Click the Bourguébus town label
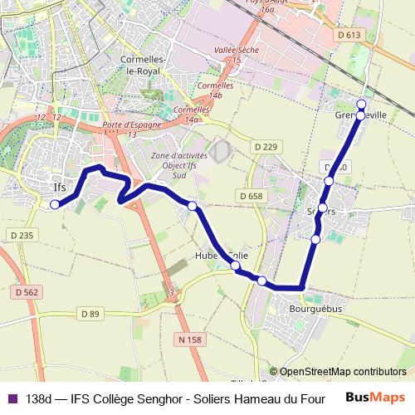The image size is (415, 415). (312, 307)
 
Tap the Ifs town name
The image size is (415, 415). (59, 187)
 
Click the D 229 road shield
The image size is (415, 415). (266, 147)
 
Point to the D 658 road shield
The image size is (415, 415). (249, 196)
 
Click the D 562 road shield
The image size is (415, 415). (27, 292)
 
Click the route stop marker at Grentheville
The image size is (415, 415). (361, 104)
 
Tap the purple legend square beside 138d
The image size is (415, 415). (11, 398)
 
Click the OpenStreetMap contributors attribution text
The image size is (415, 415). (342, 372)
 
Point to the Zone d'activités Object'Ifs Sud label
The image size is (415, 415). (175, 166)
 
